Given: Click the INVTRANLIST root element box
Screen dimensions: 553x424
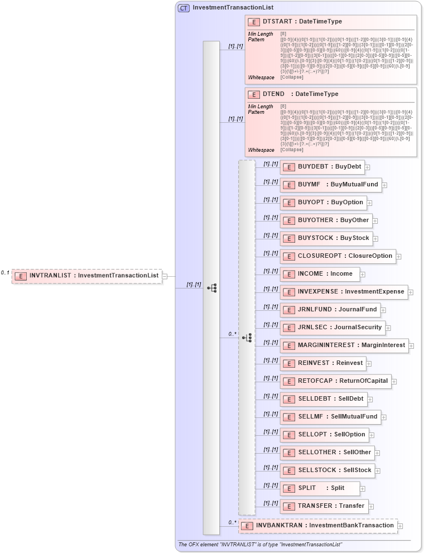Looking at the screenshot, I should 86,276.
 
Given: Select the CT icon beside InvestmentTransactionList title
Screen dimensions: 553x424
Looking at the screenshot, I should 184,8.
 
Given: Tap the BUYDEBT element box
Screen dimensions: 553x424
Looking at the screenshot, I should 321,167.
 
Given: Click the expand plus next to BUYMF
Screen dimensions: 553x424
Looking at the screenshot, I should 385,185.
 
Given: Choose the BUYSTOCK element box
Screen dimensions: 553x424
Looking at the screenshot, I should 325,238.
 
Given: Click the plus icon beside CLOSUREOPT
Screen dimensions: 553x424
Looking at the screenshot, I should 399,257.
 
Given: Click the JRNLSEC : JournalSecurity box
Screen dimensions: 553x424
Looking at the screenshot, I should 332,328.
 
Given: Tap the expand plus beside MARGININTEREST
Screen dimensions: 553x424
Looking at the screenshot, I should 411,346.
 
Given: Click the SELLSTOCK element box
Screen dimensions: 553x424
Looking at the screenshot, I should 327,470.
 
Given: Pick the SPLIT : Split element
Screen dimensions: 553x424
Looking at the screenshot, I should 319,488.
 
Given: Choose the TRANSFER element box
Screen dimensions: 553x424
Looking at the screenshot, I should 323,506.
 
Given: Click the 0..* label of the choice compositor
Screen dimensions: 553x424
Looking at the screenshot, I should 232,334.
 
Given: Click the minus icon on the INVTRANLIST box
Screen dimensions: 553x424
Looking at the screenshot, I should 165,276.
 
